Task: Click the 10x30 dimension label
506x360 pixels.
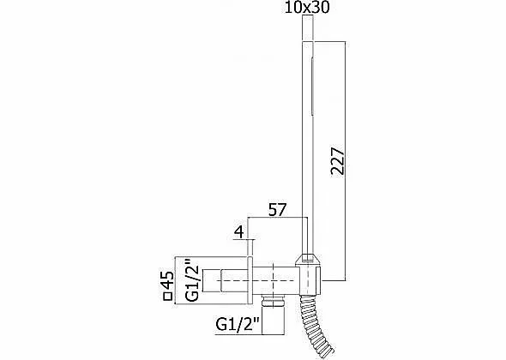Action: tap(307, 8)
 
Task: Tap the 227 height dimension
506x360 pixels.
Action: tap(338, 161)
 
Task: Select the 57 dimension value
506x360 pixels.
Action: tap(278, 210)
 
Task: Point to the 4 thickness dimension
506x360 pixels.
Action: tap(238, 232)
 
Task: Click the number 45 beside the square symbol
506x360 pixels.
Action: tap(167, 280)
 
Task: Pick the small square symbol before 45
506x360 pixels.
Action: tap(168, 297)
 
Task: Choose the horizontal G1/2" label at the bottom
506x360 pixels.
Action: tap(238, 325)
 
